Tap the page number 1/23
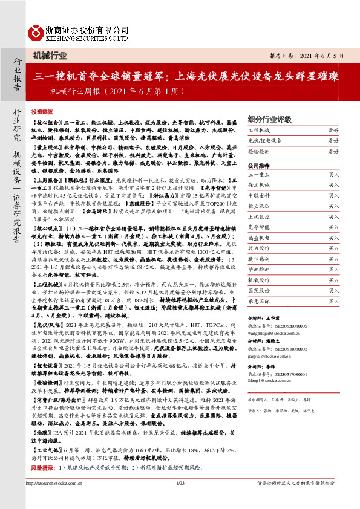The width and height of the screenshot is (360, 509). (x=180, y=500)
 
